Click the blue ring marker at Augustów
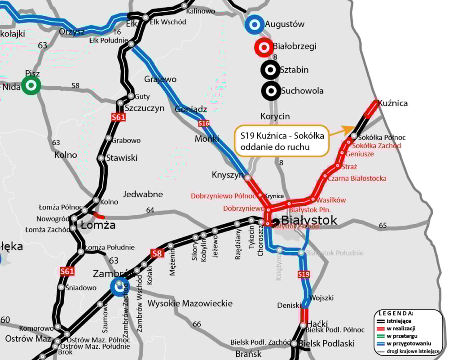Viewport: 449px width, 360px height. click(254, 24)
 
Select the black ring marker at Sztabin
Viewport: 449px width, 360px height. click(270, 70)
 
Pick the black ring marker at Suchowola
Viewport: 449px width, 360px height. click(271, 91)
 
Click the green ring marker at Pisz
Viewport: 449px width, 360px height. click(31, 84)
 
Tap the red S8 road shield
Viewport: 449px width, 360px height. click(156, 253)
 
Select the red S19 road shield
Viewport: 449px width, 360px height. click(304, 274)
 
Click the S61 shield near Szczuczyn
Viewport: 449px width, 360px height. click(118, 118)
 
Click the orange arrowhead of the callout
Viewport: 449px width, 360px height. click(348, 129)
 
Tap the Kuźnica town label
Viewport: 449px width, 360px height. click(392, 103)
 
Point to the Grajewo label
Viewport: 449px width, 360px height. click(160, 80)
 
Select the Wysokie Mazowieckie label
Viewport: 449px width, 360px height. click(190, 303)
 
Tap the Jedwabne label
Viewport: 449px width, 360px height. click(143, 195)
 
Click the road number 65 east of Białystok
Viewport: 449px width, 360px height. click(383, 226)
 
